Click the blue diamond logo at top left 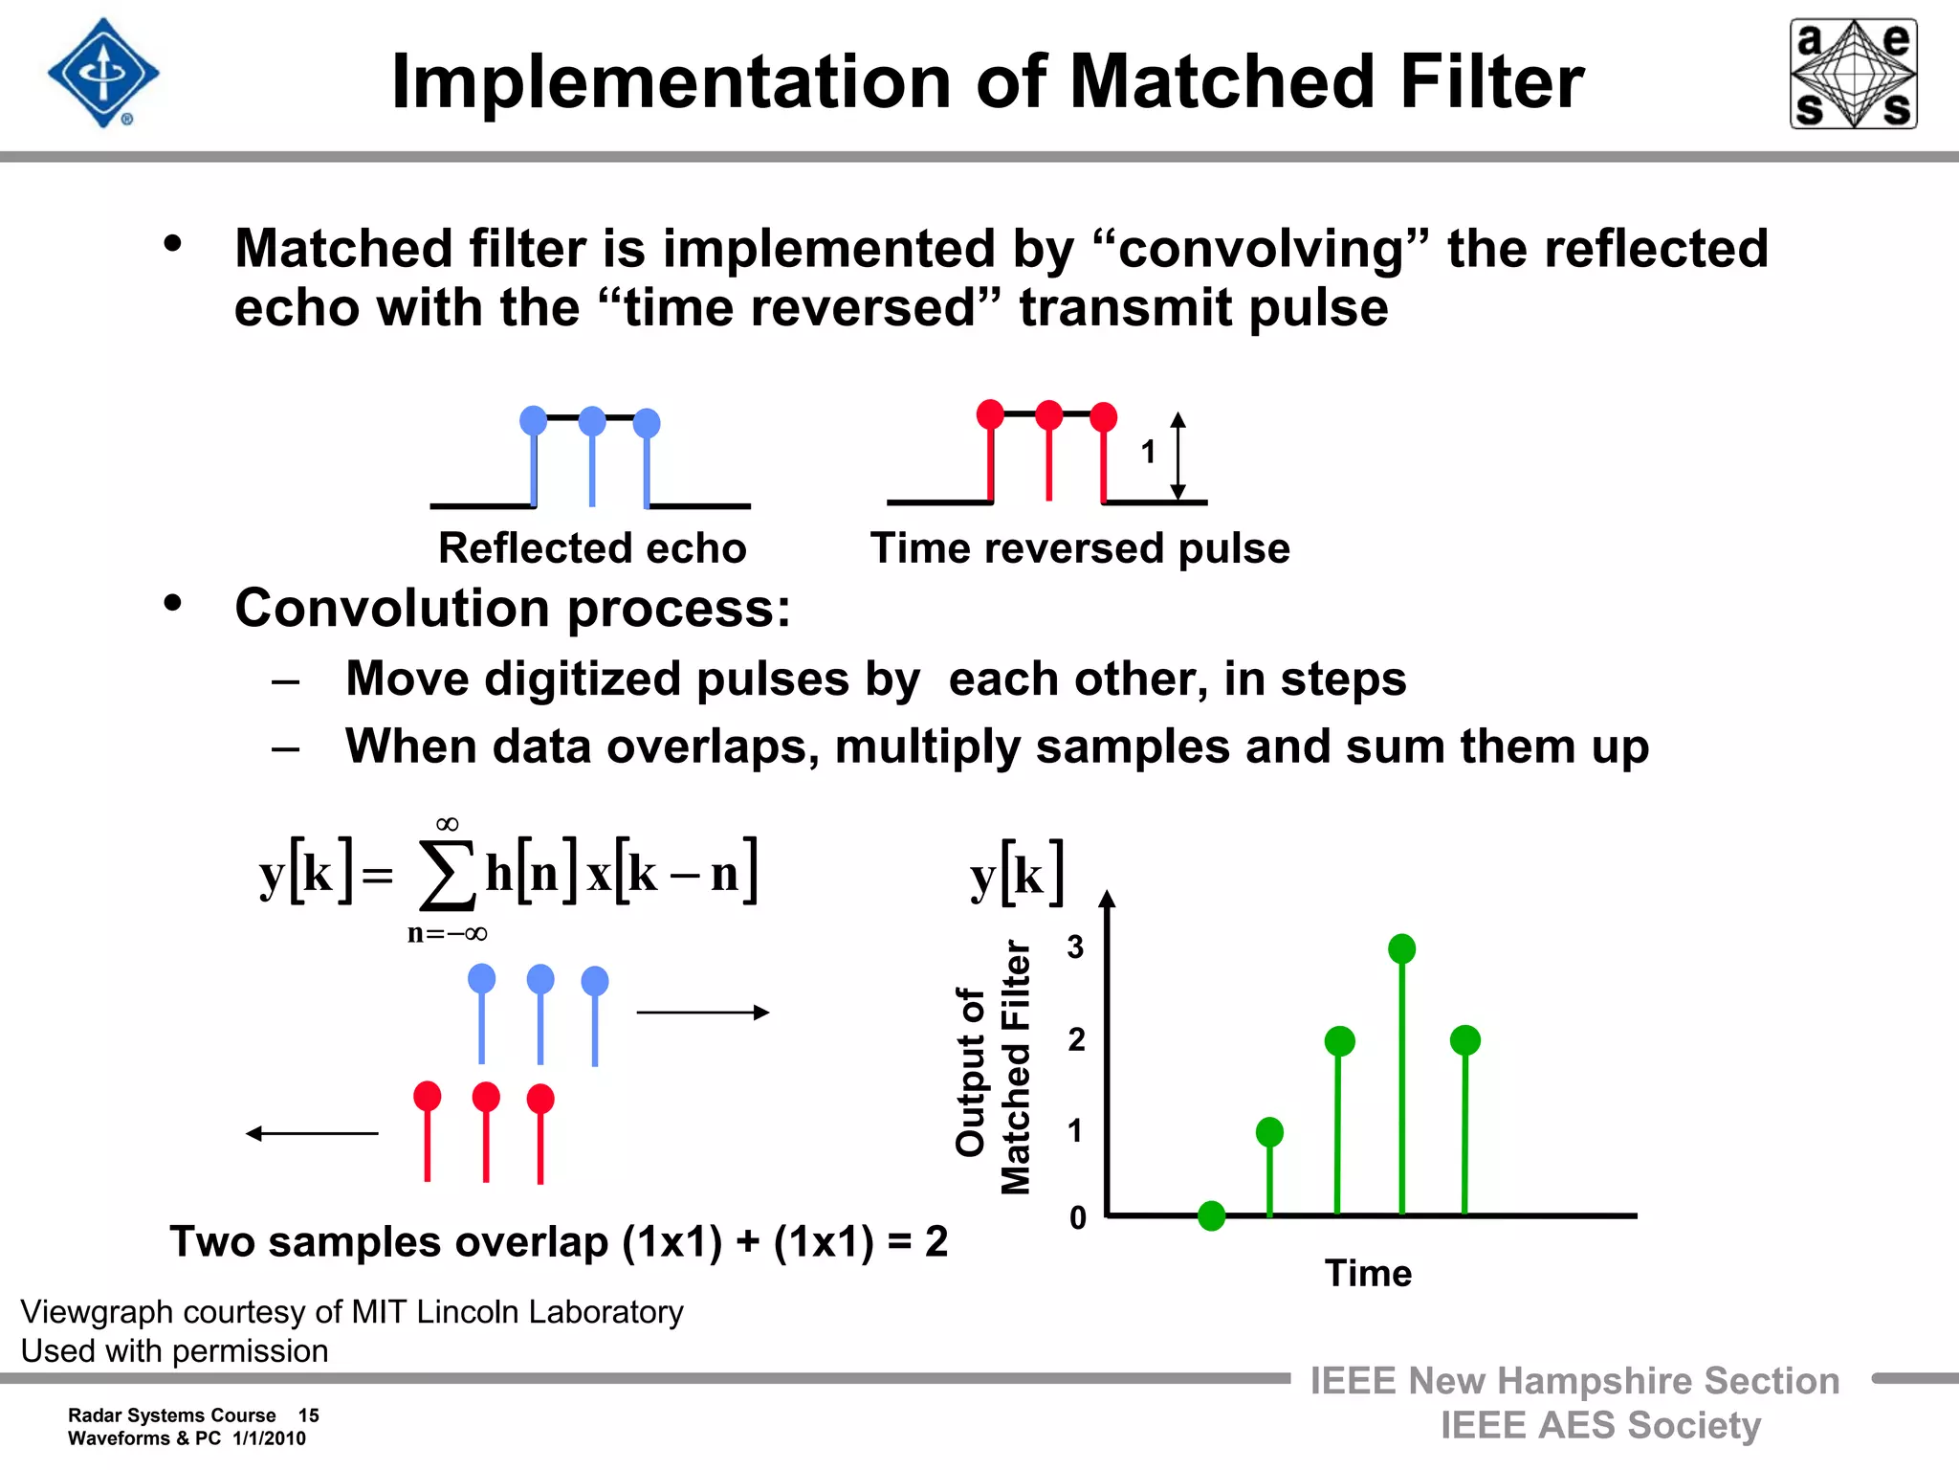point(103,73)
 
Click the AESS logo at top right point(1853,74)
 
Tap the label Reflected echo point(592,548)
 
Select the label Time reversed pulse point(1080,548)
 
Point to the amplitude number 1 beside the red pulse point(1148,452)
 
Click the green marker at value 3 point(1401,948)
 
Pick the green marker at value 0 point(1211,1215)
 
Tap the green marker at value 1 point(1269,1132)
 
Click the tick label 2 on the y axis point(1077,1039)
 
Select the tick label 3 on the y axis point(1076,947)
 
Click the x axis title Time point(1368,1274)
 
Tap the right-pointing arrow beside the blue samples point(703,1013)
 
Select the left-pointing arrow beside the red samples point(312,1134)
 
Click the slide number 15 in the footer point(308,1415)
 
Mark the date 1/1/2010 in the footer point(269,1438)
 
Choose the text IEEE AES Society point(1600,1425)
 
